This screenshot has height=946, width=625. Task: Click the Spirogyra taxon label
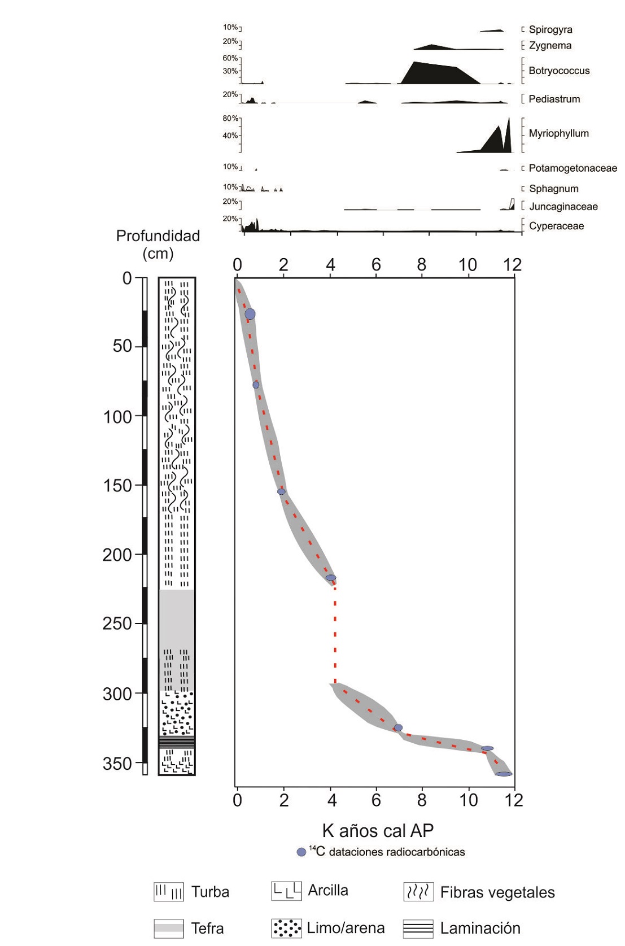[x=550, y=29]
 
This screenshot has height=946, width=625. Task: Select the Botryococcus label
[x=559, y=71]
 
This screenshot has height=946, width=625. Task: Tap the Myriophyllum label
[x=558, y=133]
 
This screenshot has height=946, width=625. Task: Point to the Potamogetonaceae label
[x=572, y=168]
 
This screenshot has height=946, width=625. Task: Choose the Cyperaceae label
[x=556, y=226]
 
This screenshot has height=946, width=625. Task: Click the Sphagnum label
[x=553, y=189]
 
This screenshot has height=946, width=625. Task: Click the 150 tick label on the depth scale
[x=117, y=486]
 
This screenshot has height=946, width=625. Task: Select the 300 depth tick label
[x=117, y=694]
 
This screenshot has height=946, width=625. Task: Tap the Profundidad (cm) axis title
[x=158, y=244]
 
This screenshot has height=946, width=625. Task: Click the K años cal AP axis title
[x=378, y=830]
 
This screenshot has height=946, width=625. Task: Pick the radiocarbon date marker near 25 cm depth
[x=250, y=314]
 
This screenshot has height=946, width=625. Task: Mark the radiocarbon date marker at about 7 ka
[x=398, y=727]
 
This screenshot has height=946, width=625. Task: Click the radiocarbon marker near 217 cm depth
[x=330, y=577]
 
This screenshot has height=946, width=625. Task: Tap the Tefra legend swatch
[x=169, y=928]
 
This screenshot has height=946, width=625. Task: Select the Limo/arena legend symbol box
[x=286, y=928]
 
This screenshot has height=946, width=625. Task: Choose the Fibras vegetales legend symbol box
[x=418, y=892]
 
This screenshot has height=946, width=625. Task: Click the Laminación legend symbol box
[x=418, y=928]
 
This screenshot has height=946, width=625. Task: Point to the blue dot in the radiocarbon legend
[x=301, y=852]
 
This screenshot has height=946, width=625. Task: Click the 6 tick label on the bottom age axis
[x=376, y=800]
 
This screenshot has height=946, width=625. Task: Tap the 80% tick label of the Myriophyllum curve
[x=230, y=119]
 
